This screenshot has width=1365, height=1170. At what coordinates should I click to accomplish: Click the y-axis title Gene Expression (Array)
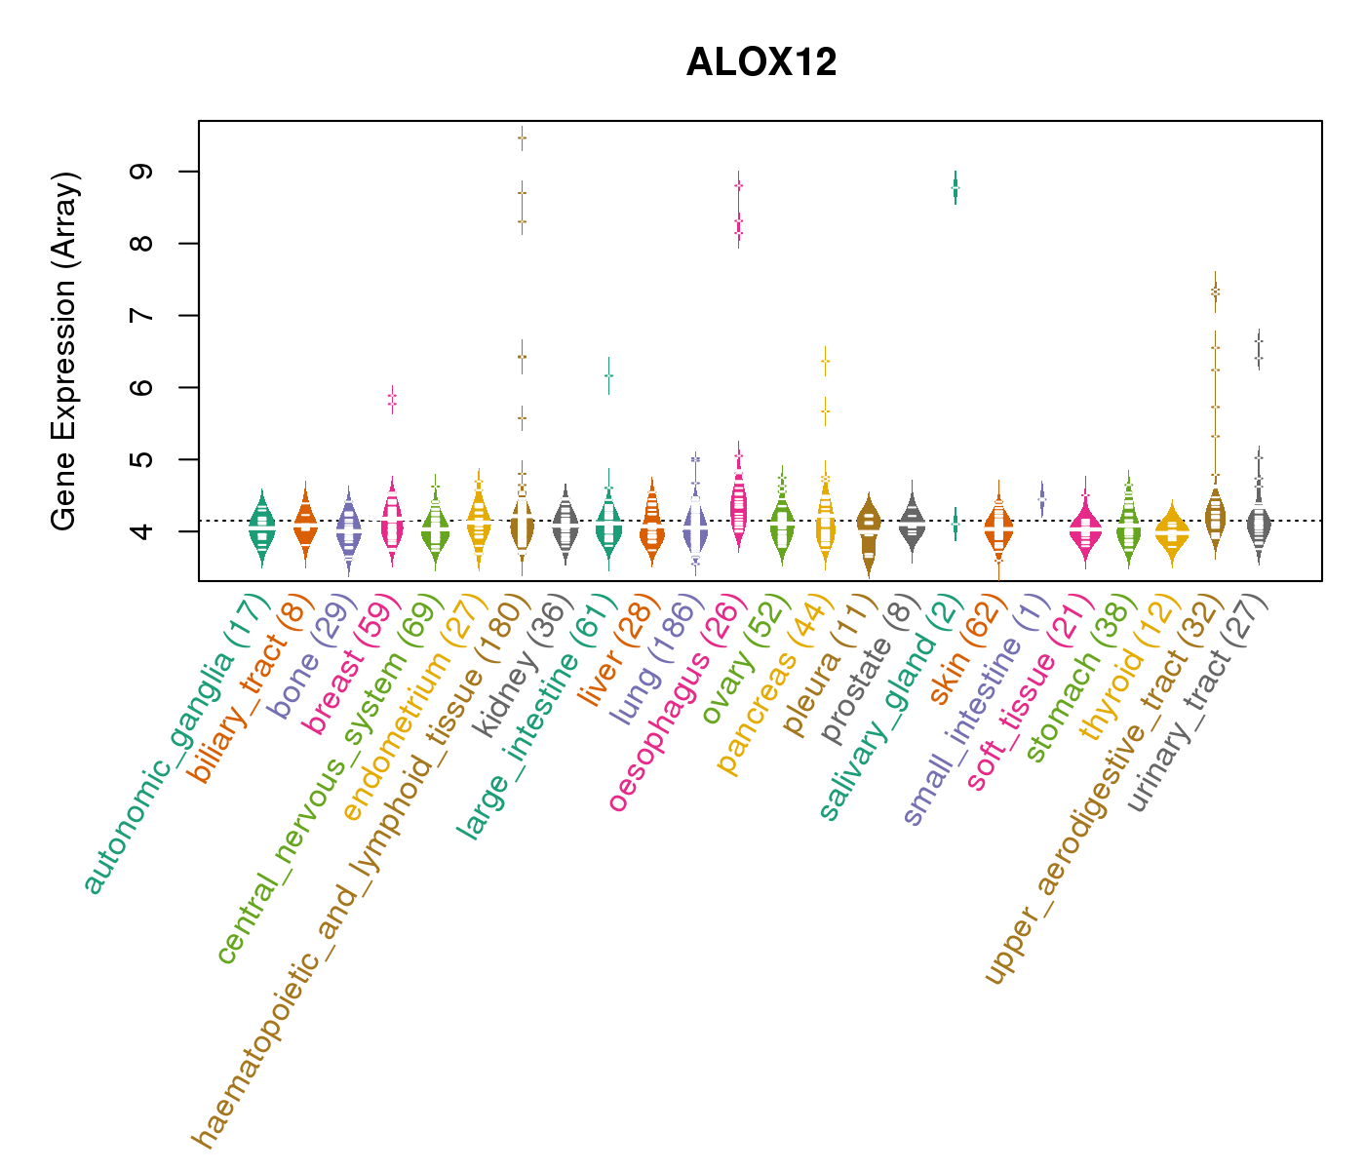click(64, 351)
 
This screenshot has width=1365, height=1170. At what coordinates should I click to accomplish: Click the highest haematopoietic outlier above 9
click(523, 138)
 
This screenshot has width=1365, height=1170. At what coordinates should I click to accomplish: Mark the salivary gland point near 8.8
click(955, 187)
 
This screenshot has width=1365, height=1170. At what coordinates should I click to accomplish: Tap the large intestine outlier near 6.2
click(608, 375)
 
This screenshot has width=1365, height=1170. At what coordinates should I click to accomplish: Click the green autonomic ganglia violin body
click(261, 531)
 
